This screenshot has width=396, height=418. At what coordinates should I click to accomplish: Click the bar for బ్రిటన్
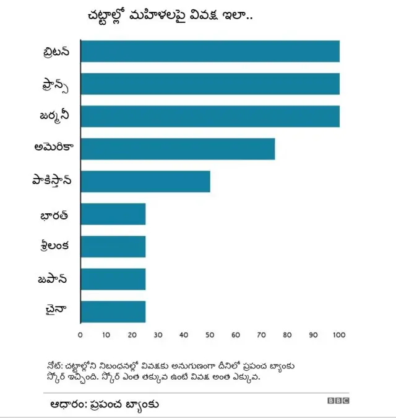(210, 51)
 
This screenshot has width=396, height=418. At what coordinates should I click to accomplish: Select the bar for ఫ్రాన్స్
(210, 84)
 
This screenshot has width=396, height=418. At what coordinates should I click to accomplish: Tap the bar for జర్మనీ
(210, 117)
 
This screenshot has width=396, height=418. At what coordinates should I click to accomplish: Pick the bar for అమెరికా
(178, 149)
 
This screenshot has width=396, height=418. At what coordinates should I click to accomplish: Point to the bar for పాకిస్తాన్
(145, 181)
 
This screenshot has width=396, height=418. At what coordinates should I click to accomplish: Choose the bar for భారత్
(113, 214)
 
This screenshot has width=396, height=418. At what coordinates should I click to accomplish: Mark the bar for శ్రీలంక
(113, 246)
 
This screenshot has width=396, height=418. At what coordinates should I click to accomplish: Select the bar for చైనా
(113, 311)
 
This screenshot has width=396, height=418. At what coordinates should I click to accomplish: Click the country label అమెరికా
(54, 148)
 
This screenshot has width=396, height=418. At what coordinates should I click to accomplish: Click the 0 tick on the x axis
(80, 336)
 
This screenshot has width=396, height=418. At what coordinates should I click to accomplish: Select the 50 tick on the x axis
(210, 336)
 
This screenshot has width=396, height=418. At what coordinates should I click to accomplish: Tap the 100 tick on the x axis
(339, 336)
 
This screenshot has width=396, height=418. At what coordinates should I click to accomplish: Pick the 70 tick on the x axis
(262, 336)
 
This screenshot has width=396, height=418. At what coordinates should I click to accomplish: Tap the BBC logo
(338, 401)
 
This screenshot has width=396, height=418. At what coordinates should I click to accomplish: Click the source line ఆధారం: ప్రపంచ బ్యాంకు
(105, 404)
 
